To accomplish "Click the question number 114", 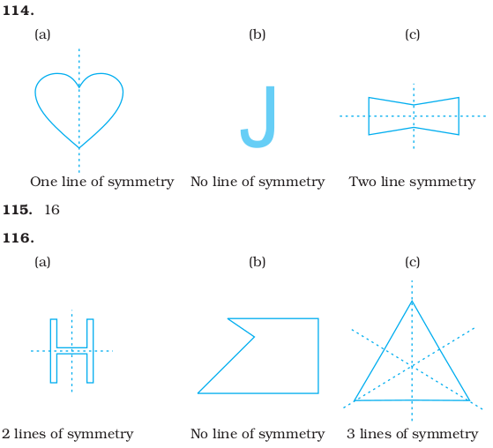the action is [x=19, y=11].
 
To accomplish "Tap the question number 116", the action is [x=19, y=238].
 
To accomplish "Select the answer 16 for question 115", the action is [x=52, y=210].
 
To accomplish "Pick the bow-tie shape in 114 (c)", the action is [x=369, y=116].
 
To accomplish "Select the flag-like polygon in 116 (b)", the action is [x=318, y=355].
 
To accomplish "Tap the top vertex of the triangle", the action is [x=412, y=302].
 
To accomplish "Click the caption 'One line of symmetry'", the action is [x=102, y=182].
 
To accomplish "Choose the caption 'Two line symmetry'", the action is [x=412, y=182].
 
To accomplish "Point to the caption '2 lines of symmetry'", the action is [x=68, y=434].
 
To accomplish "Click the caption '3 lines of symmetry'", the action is [x=413, y=434].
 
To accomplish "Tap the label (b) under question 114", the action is [x=258, y=34].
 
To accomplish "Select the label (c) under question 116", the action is [x=412, y=262].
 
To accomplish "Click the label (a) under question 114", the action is [x=42, y=34].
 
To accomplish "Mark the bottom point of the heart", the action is [x=78, y=148].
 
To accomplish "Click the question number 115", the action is [x=18, y=210].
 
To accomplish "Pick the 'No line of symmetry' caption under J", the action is [x=258, y=182].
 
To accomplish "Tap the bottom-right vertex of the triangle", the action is [x=469, y=400].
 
